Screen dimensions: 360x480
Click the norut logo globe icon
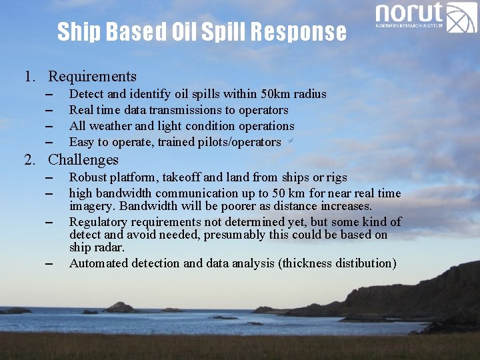(x=461, y=17)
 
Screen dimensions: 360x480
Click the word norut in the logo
(x=409, y=13)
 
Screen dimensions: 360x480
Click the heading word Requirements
(x=92, y=77)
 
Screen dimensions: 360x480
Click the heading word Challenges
(x=83, y=160)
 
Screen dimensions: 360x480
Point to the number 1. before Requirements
(x=30, y=77)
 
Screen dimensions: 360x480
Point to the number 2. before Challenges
(x=30, y=160)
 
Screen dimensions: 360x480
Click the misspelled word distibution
(x=363, y=263)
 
